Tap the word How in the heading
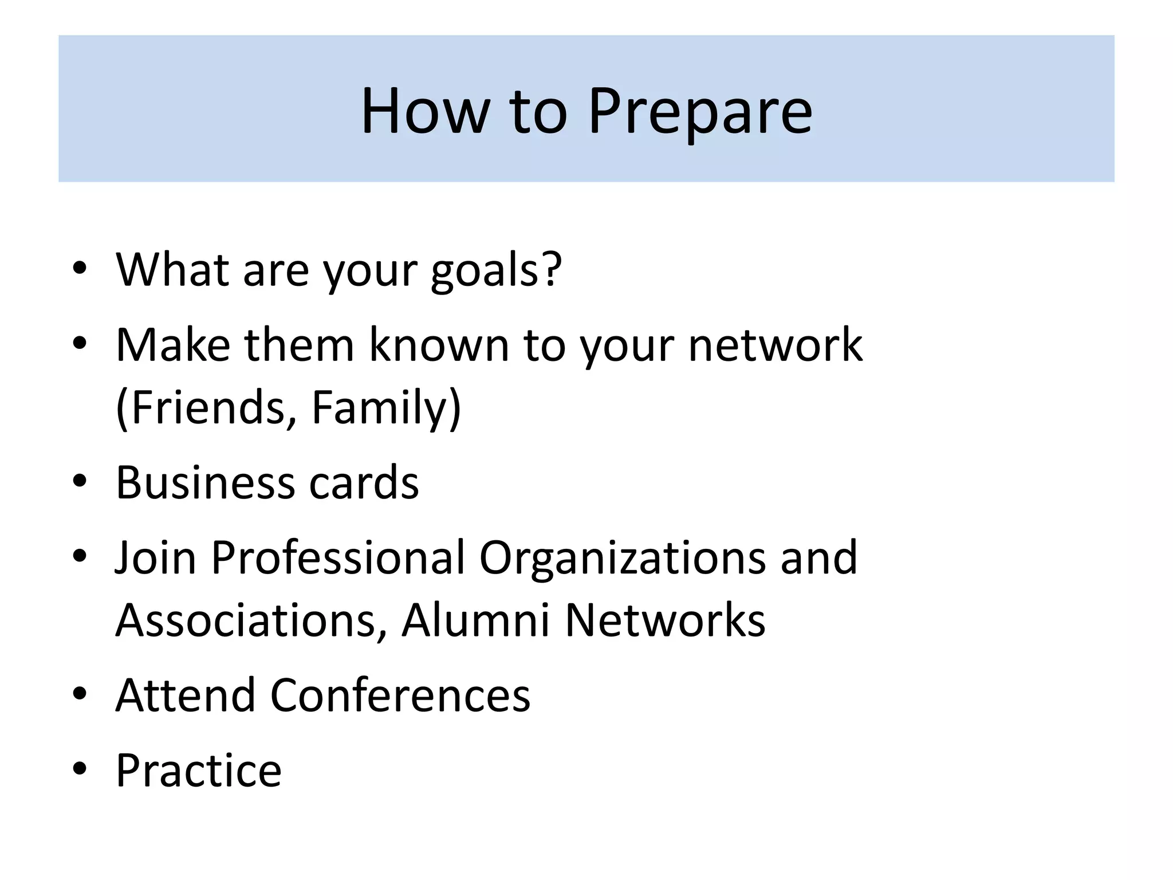pos(424,112)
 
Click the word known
pos(439,345)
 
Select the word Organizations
pos(622,557)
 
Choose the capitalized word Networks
pos(665,620)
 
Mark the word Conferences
pos(400,696)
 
